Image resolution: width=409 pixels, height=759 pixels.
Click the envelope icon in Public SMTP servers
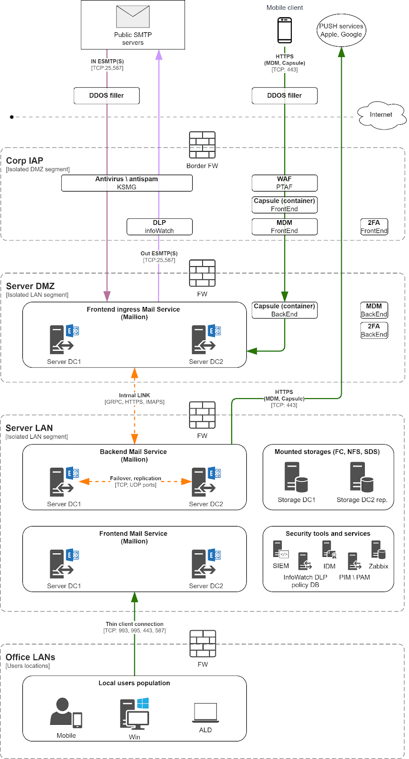pos(133,17)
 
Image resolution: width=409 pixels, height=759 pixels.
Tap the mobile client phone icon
pos(285,30)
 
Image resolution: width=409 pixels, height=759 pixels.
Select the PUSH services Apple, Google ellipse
pos(341,30)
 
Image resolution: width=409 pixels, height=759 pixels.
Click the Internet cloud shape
pos(381,115)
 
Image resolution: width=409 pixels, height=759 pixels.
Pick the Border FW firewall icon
pos(202,145)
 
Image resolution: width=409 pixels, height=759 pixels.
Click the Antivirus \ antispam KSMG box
pos(127,183)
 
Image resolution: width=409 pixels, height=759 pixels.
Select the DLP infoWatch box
pos(159,227)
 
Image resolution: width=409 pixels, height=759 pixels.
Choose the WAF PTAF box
pos(284,183)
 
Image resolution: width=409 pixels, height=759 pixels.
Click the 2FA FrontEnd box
pos(374,227)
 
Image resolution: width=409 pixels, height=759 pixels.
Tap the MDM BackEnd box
pos(374,310)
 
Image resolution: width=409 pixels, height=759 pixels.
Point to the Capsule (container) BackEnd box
pos(284,310)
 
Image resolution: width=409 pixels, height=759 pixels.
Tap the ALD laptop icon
pos(205,713)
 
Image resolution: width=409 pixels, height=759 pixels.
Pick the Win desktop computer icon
pos(135,714)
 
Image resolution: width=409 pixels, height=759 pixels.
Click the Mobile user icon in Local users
pos(66,713)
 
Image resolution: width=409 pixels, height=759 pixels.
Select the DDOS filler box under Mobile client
pos(284,95)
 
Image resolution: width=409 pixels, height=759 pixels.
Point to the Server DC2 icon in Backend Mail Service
pos(206,482)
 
